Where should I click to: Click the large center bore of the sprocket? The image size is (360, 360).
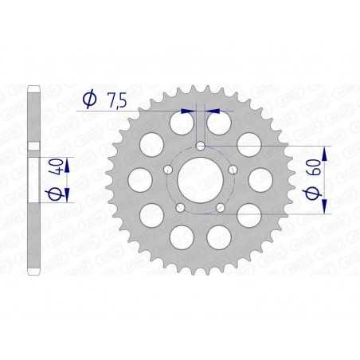tap(200, 180)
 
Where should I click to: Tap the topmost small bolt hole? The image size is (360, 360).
tap(200, 147)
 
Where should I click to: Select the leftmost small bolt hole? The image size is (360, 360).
tap(168, 170)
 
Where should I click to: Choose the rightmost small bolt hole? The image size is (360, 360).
tap(232, 170)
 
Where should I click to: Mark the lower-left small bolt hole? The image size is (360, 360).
tap(180, 207)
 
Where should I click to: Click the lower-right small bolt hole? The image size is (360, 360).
tap(220, 207)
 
